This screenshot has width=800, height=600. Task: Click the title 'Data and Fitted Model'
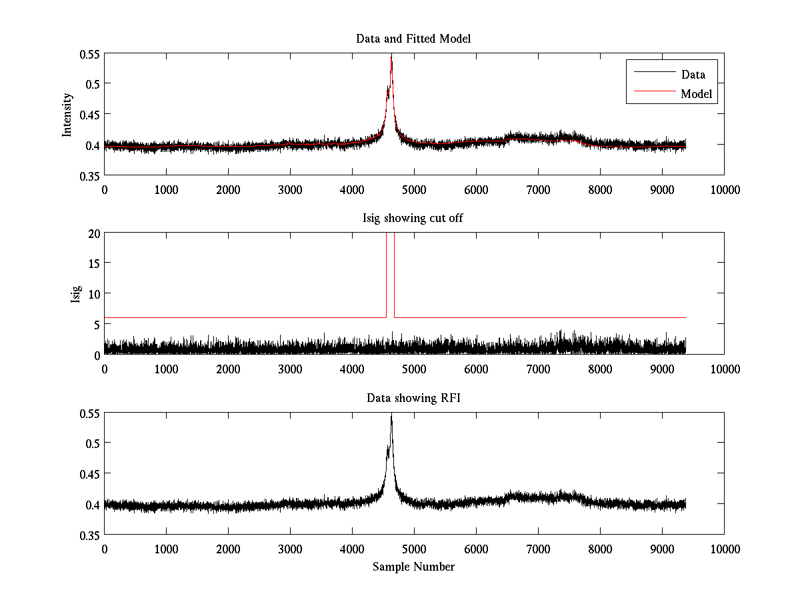[413, 39]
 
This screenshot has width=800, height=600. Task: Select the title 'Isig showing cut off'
[413, 219]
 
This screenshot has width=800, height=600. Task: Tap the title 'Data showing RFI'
[413, 399]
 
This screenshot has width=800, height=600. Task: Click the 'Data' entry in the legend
[693, 75]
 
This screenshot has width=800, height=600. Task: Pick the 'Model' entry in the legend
[696, 94]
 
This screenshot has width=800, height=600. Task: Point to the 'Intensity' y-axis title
[67, 115]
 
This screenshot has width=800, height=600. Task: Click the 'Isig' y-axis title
[75, 294]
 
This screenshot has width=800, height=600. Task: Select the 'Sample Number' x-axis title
[413, 567]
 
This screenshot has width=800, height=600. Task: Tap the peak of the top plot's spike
[391, 56]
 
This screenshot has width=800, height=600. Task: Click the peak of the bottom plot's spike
[391, 415]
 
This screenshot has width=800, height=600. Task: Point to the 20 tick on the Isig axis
[93, 233]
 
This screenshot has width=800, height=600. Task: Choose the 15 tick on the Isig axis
[93, 263]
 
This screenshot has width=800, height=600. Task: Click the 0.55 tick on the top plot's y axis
[89, 53]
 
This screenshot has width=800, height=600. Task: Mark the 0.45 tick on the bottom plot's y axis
[89, 474]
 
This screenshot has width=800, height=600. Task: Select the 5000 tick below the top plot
[414, 189]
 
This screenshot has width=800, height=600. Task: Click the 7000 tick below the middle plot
[538, 369]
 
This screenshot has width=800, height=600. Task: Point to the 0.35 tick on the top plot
[89, 175]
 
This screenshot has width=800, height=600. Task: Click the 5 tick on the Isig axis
[96, 325]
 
